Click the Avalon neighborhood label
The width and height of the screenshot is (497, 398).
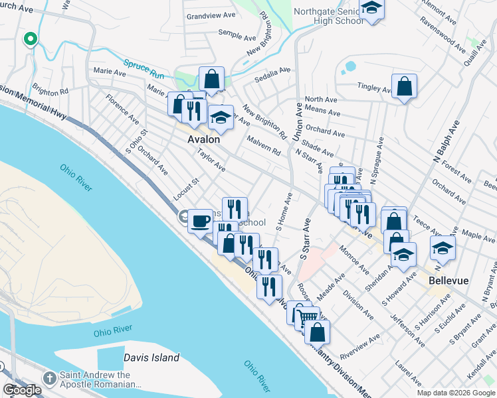coord(203,139)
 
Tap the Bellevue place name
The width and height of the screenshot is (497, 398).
coord(448,281)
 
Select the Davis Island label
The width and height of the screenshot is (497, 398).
coord(151,358)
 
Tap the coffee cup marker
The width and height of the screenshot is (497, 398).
coord(200,221)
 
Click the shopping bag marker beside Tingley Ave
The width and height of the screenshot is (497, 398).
coord(404,86)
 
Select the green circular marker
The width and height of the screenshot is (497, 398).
coord(29,39)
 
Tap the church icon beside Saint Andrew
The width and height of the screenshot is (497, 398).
coord(49,378)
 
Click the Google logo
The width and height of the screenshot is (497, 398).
coord(22,390)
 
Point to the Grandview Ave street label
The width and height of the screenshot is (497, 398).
coord(211,15)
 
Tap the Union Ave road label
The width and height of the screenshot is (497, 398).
coord(298,117)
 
